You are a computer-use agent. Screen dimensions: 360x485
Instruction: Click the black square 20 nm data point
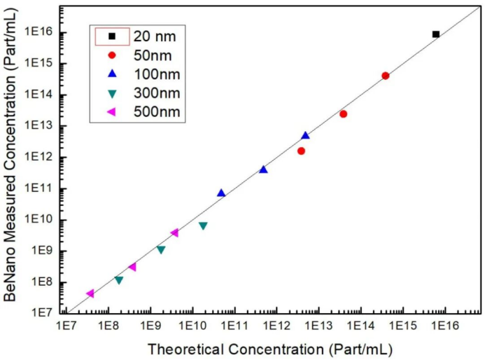[436, 34]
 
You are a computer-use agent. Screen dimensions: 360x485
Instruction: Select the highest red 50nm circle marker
[385, 76]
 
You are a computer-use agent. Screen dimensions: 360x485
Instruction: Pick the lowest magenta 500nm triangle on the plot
[90, 293]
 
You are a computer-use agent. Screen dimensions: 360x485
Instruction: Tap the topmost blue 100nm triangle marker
[305, 135]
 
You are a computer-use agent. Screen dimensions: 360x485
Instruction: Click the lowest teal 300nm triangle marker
[118, 280]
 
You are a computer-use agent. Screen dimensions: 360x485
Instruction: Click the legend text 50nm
[152, 55]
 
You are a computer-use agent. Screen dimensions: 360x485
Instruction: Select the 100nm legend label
[156, 74]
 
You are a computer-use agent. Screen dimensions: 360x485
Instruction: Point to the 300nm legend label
[156, 92]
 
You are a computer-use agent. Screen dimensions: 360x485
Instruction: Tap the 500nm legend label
[156, 111]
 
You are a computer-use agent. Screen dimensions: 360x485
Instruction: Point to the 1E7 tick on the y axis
[41, 314]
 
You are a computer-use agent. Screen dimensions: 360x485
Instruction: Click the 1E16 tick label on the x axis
[444, 327]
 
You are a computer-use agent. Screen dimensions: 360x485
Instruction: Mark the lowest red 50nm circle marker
[301, 151]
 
